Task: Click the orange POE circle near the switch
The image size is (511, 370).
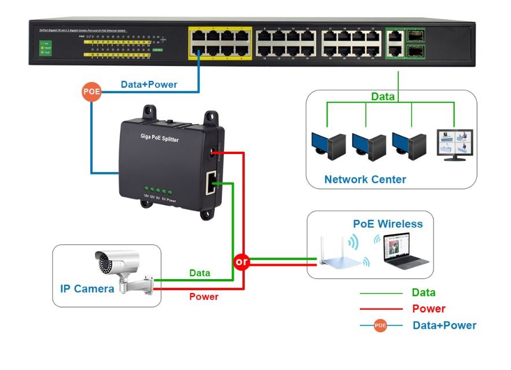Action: click(91, 92)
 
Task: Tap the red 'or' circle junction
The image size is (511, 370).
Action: click(241, 262)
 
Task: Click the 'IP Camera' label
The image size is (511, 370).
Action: click(87, 288)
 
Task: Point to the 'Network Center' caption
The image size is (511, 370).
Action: click(365, 179)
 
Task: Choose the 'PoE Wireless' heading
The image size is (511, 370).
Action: click(388, 224)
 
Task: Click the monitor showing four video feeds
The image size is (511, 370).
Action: click(454, 145)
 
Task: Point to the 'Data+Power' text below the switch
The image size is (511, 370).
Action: click(149, 85)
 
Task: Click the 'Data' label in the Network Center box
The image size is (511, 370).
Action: click(383, 97)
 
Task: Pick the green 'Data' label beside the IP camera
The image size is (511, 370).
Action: click(200, 273)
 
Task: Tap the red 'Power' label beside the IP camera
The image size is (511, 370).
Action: click(204, 296)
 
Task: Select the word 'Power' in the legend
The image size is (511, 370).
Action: click(429, 309)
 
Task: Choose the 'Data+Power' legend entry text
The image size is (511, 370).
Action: click(444, 325)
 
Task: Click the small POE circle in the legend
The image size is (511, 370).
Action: click(380, 325)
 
